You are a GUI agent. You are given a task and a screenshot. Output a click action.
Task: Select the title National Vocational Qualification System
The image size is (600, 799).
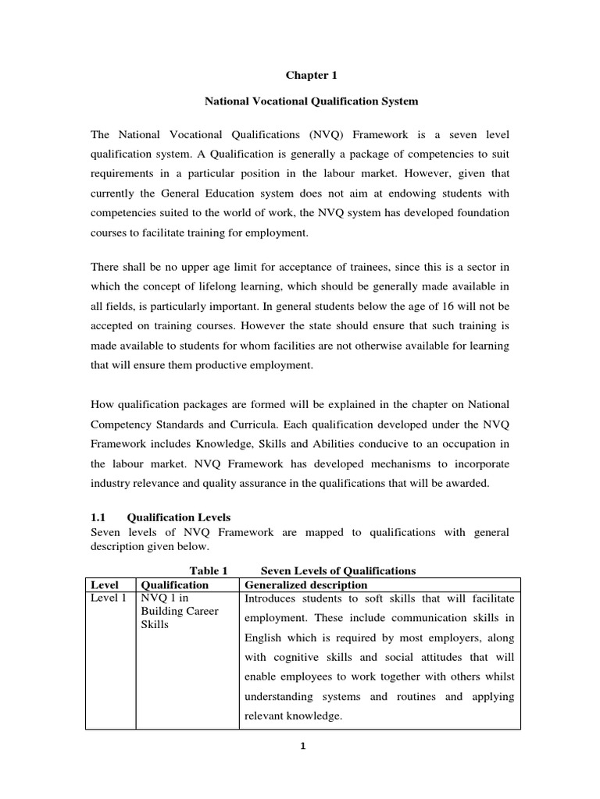(300, 101)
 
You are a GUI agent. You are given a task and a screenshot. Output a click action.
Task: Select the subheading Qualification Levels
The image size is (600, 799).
(179, 517)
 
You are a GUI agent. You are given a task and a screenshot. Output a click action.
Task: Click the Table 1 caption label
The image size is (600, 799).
(208, 571)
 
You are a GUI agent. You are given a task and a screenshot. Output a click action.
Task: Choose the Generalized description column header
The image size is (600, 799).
(305, 584)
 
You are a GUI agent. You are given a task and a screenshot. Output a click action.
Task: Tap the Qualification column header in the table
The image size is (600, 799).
(173, 584)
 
